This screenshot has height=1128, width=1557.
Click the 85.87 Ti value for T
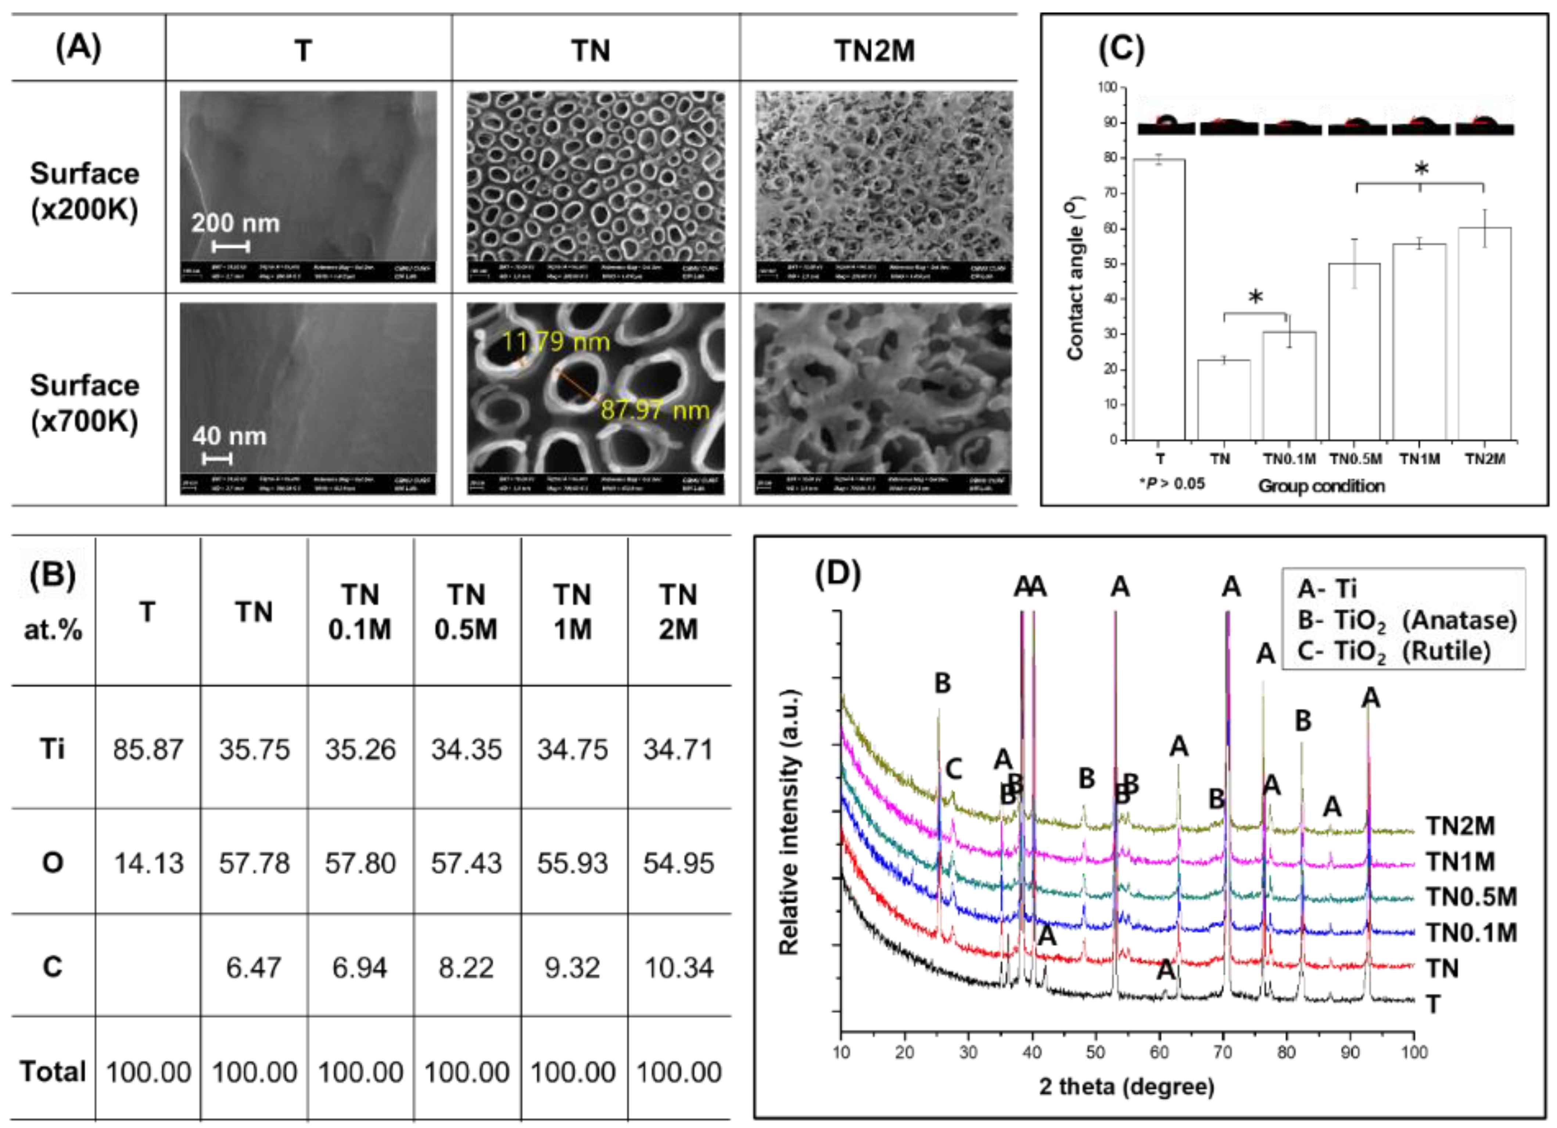[148, 749]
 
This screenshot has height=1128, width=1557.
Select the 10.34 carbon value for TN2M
[678, 967]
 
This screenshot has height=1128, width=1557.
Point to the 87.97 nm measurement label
[654, 410]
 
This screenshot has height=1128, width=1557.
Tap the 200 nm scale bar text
[236, 223]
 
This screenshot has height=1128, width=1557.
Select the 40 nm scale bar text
[229, 436]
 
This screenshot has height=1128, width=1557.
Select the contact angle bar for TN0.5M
[1354, 352]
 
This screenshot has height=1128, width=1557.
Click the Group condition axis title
[1321, 486]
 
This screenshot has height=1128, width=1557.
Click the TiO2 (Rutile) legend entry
[1393, 651]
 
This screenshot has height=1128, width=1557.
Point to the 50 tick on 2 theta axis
[1096, 1052]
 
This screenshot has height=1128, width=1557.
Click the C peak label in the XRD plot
[953, 770]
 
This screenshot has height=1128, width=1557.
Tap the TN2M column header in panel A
[875, 51]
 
